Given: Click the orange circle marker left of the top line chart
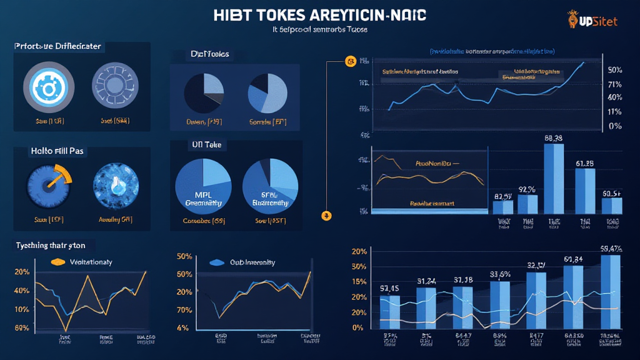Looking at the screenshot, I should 350,61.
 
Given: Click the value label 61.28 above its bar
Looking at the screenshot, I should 584,163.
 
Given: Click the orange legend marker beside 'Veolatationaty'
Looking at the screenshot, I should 57,262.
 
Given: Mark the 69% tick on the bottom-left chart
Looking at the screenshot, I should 21,327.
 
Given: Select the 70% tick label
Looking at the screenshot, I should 184,310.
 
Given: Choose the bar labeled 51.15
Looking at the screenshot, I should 389,311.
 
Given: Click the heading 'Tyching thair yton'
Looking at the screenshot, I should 49,246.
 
